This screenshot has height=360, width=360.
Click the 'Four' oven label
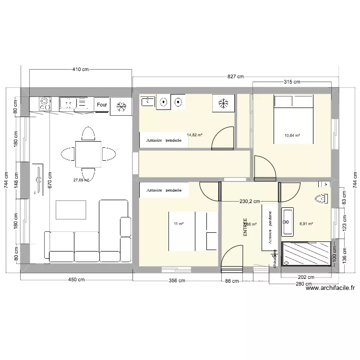tap(102, 104)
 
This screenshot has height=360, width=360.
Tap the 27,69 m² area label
tap(81, 180)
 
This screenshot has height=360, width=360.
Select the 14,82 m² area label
tap(194, 135)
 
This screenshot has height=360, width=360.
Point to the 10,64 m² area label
tap(292, 135)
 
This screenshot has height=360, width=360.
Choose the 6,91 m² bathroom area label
tap(306, 224)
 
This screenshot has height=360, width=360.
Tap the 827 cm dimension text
tap(235, 76)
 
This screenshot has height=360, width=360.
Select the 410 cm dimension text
tap(81, 70)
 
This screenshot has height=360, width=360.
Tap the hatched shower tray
tap(306, 257)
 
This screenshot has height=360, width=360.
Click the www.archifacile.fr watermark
tap(330, 288)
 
